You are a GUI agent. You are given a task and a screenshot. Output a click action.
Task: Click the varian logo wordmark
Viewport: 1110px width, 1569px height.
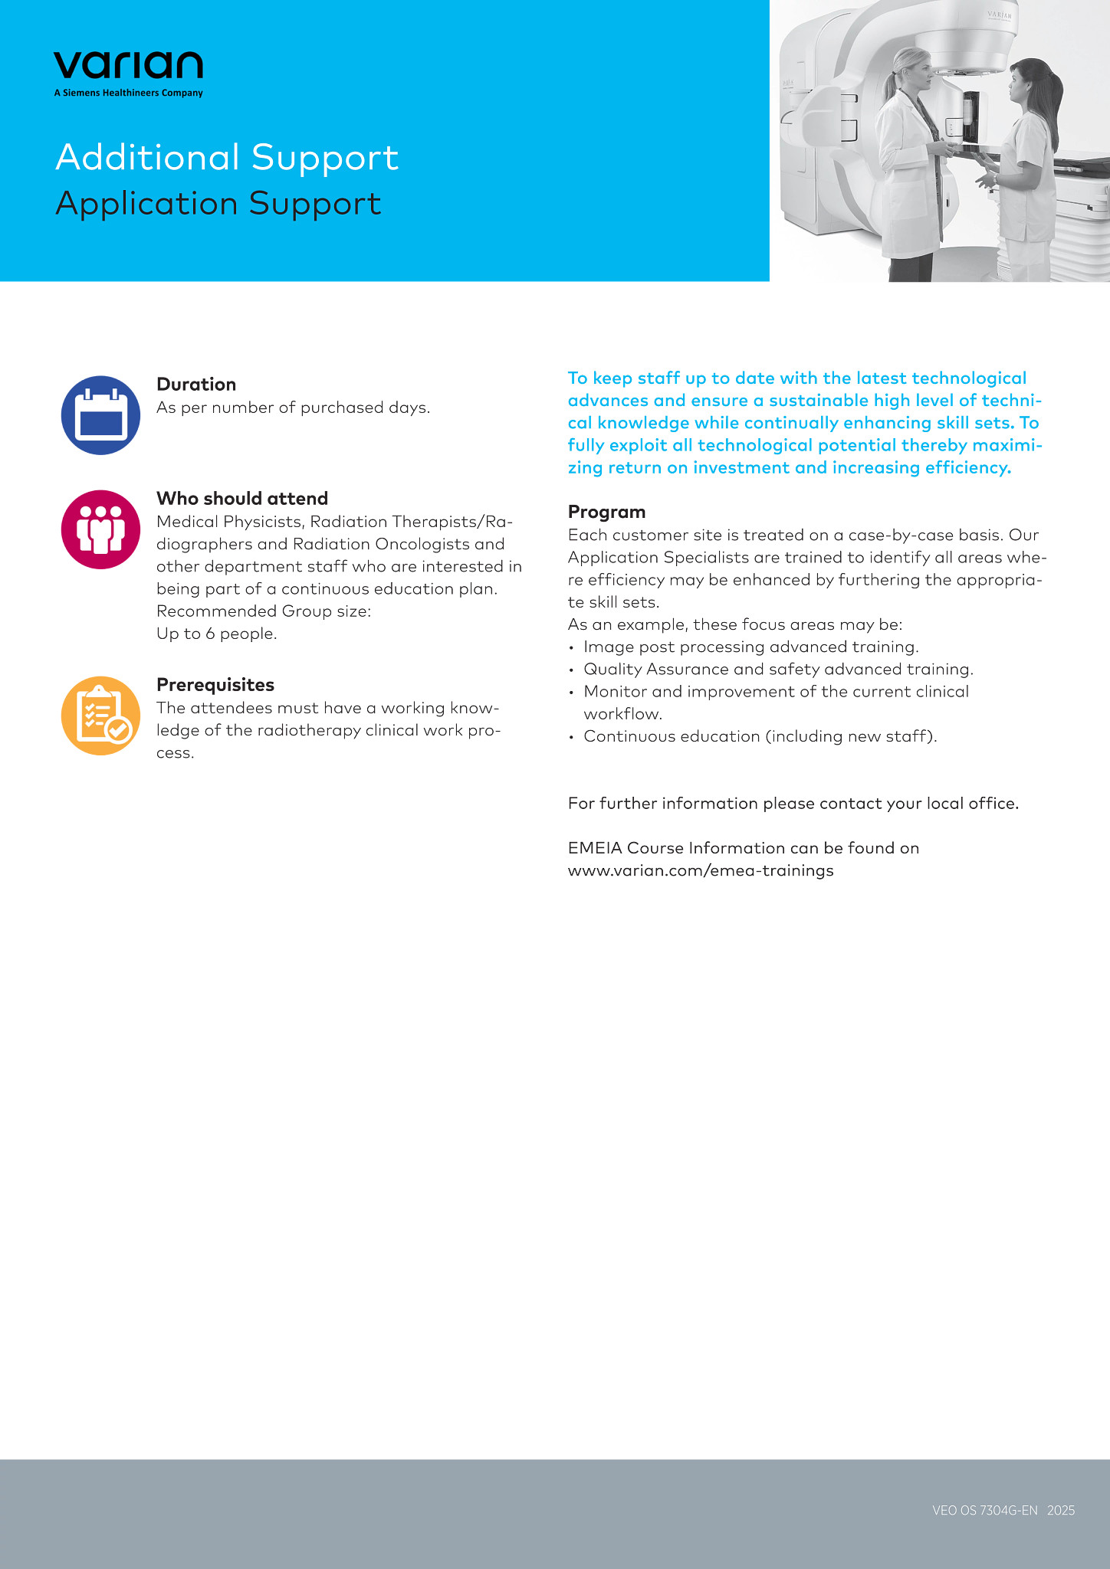pyautogui.click(x=128, y=65)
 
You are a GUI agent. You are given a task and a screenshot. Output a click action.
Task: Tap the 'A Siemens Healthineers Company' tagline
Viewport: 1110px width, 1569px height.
pyautogui.click(x=128, y=93)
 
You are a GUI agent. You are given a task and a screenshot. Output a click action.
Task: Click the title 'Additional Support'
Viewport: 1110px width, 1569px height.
pyautogui.click(x=227, y=157)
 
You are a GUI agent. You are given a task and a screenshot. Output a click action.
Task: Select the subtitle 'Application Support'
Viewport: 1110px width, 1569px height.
pyautogui.click(x=218, y=204)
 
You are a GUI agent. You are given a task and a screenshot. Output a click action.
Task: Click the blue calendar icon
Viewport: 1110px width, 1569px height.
pyautogui.click(x=100, y=415)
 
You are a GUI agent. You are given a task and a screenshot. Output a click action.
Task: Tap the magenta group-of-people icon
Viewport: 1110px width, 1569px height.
pyautogui.click(x=100, y=529)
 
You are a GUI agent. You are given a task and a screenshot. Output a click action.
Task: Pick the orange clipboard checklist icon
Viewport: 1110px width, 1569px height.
pyautogui.click(x=100, y=716)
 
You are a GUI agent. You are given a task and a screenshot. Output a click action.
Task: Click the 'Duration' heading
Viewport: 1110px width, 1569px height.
pyautogui.click(x=196, y=385)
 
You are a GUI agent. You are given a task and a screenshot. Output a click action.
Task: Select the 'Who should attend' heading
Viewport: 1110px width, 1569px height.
pyautogui.click(x=242, y=499)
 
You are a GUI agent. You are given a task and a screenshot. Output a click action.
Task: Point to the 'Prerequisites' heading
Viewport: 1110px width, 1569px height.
pyautogui.click(x=215, y=685)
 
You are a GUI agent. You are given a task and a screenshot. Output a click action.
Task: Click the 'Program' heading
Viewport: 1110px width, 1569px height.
pyautogui.click(x=606, y=512)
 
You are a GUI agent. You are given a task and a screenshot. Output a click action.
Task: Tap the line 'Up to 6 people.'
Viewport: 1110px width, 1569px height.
pyautogui.click(x=217, y=634)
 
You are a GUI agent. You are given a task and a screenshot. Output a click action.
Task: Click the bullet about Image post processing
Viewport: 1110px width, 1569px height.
pyautogui.click(x=750, y=647)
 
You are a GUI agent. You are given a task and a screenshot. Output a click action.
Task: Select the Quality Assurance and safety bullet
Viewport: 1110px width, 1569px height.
pyautogui.click(x=778, y=670)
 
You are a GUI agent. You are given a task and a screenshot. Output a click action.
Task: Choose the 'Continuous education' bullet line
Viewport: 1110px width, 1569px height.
pyautogui.click(x=760, y=736)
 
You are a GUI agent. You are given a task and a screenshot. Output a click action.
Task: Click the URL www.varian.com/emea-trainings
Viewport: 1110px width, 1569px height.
pyautogui.click(x=701, y=871)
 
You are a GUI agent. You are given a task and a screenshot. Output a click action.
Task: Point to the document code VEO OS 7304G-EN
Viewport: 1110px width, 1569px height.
pyautogui.click(x=984, y=1511)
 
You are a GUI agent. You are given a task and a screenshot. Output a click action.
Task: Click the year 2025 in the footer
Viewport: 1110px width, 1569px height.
pyautogui.click(x=1061, y=1511)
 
